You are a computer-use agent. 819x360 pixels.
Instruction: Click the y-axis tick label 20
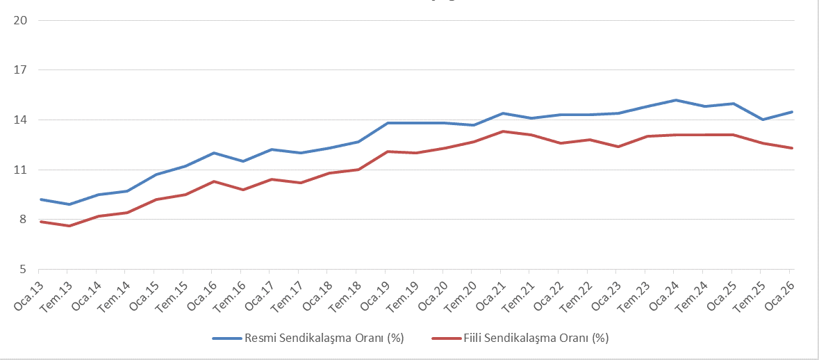point(20,20)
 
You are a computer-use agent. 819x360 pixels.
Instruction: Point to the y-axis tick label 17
point(20,70)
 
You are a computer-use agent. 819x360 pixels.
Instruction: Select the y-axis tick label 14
point(20,120)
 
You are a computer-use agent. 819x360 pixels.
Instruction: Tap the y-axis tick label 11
point(20,170)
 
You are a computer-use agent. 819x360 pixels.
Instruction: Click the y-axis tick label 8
point(22,220)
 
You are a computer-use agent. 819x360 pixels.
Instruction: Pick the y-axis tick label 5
point(22,270)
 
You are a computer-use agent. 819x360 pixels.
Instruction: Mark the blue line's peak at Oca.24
point(675,100)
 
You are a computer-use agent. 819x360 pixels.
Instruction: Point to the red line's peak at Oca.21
point(502,131)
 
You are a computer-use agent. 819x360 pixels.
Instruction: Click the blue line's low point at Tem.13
point(67,204)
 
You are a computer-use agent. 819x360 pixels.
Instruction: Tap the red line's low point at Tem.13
point(67,226)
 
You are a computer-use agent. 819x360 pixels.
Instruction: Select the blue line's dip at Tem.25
point(761,120)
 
